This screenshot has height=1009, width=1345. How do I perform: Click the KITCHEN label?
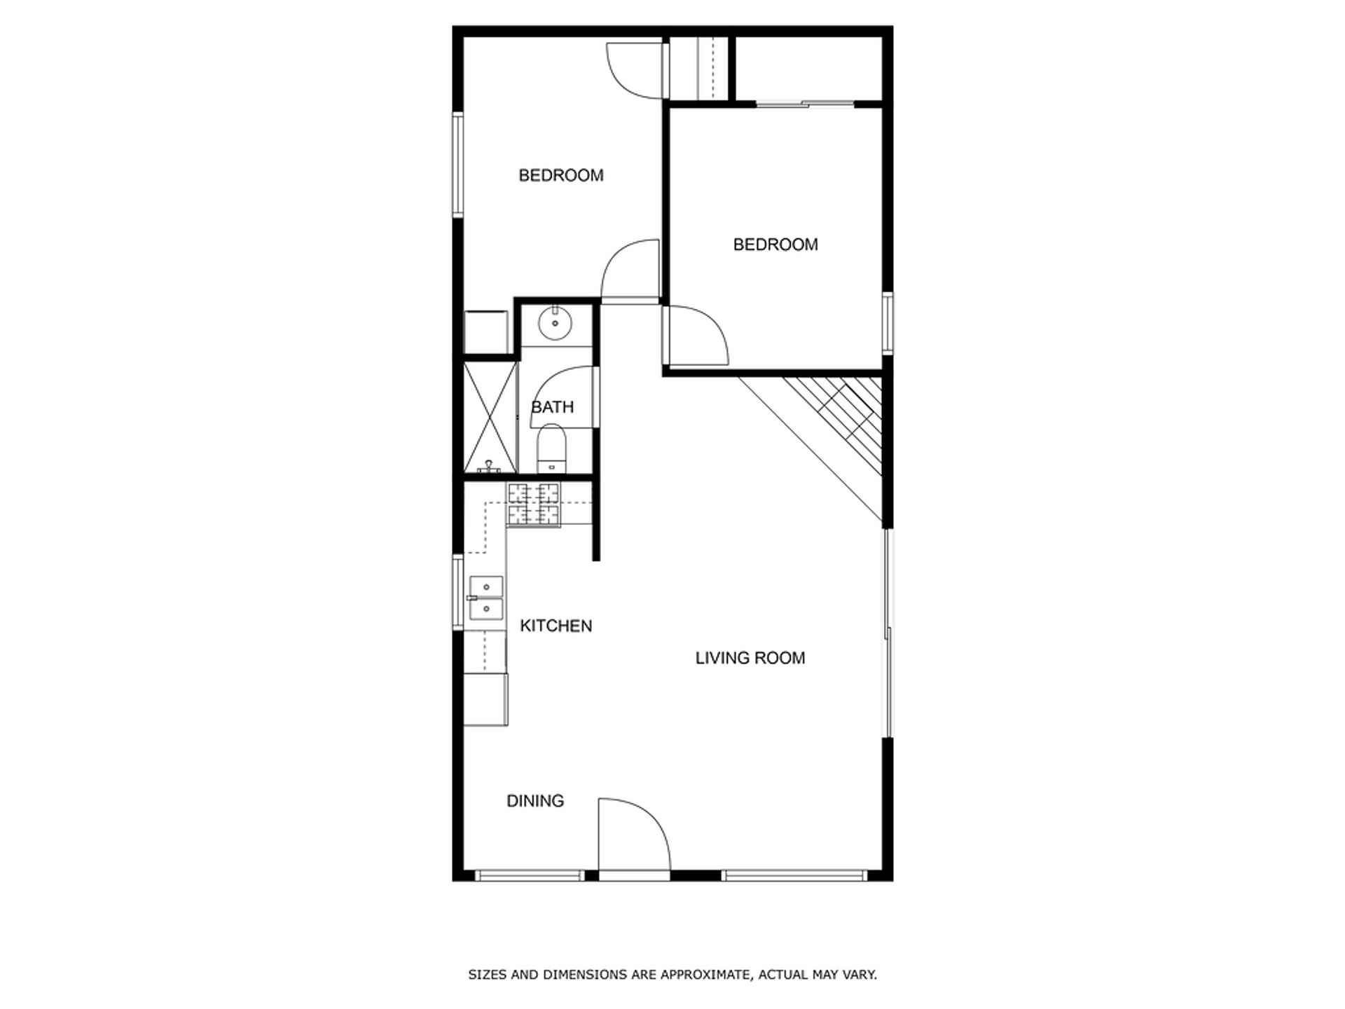click(x=556, y=626)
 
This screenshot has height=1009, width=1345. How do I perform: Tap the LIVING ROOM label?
click(x=750, y=658)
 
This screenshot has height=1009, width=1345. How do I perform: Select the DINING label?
click(x=534, y=801)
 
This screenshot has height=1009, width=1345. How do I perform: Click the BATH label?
click(x=552, y=407)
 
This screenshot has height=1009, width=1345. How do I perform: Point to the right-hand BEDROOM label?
click(x=775, y=245)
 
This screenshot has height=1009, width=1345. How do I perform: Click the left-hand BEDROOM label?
click(x=560, y=175)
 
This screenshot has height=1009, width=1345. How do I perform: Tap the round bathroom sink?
click(x=555, y=324)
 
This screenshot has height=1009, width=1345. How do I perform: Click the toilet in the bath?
click(x=551, y=448)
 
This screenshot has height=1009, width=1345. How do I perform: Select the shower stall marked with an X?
click(x=490, y=417)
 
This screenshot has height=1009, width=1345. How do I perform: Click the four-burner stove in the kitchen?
click(x=534, y=504)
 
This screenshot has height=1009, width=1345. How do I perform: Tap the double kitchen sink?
click(x=485, y=598)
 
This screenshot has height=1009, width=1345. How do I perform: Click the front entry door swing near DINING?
click(x=630, y=837)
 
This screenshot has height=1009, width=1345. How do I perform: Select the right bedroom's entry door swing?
click(x=695, y=336)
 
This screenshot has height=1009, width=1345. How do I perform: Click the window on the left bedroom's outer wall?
click(x=457, y=165)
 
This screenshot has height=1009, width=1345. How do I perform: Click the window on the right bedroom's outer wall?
click(x=888, y=323)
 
